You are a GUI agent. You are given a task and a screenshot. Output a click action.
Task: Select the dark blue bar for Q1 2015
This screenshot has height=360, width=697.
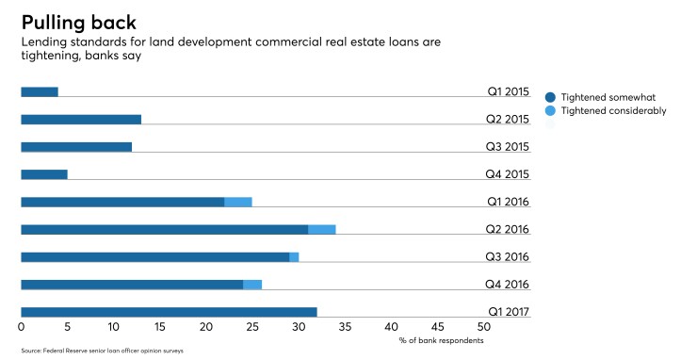(x=40, y=91)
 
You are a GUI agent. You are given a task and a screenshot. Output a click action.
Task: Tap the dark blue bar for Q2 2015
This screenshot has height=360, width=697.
(x=81, y=120)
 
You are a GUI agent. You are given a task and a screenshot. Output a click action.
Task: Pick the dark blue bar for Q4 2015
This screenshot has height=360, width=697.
(x=44, y=174)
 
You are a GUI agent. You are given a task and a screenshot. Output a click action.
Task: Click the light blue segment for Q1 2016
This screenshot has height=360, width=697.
(x=238, y=202)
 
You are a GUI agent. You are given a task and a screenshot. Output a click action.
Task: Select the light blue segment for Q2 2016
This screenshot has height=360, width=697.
(x=322, y=229)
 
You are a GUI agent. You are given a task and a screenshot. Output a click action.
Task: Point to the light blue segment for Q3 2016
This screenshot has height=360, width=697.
(x=294, y=256)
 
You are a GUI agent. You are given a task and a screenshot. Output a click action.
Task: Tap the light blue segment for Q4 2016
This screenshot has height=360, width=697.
(x=252, y=285)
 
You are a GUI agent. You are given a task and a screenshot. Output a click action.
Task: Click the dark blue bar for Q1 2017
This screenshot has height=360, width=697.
(x=169, y=312)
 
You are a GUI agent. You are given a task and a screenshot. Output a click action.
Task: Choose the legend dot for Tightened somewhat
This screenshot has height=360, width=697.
(x=550, y=96)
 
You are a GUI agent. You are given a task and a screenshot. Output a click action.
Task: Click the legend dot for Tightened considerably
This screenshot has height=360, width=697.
(x=550, y=111)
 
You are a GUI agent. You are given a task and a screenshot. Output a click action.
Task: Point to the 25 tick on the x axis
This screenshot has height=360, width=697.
(x=252, y=328)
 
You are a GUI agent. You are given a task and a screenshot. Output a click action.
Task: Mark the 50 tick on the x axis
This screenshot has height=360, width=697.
(x=484, y=328)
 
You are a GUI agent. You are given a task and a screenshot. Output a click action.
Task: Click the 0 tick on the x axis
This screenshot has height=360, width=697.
(x=22, y=328)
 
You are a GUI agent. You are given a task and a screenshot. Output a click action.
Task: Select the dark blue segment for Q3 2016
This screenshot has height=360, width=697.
(x=155, y=256)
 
